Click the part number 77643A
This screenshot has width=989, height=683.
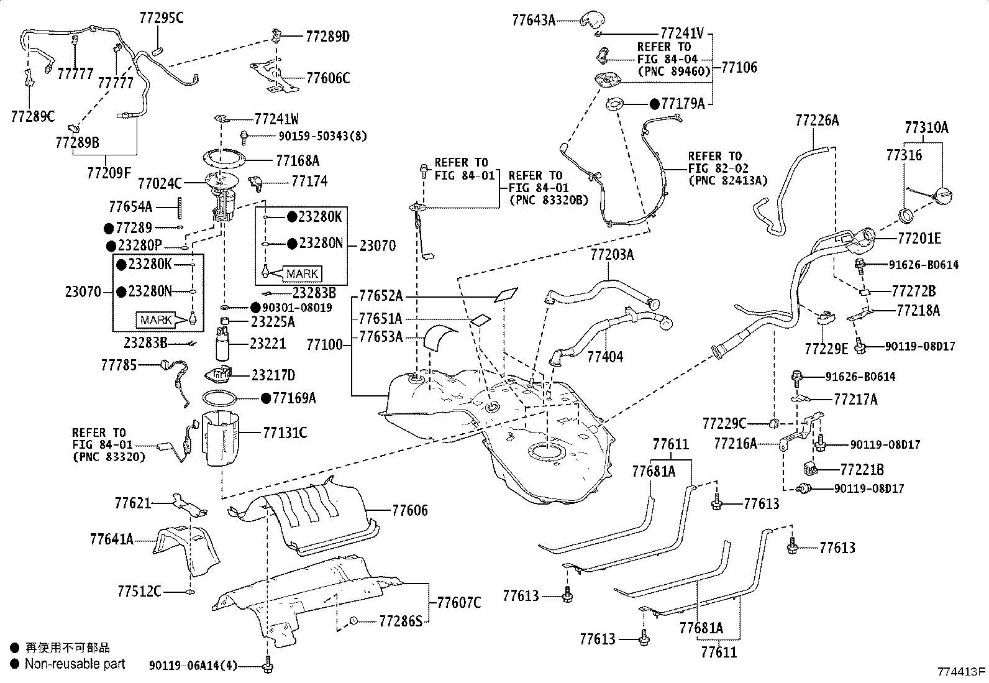click(x=533, y=20)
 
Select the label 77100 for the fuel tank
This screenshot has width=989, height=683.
click(x=324, y=344)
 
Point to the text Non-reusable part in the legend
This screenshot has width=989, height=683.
click(x=75, y=664)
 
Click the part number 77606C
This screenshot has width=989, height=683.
click(x=327, y=78)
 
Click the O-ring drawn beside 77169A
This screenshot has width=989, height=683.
click(x=221, y=398)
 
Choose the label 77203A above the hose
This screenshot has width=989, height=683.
click(x=612, y=255)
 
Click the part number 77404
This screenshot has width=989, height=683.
click(x=605, y=357)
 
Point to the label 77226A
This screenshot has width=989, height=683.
click(x=817, y=121)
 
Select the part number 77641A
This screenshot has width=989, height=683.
click(x=111, y=539)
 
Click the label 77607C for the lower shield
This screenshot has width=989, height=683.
click(x=458, y=602)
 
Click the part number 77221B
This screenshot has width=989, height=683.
click(x=862, y=470)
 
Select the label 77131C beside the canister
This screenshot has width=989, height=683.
click(x=285, y=433)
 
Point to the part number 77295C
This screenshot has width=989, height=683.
click(x=161, y=18)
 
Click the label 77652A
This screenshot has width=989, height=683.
click(x=381, y=295)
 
